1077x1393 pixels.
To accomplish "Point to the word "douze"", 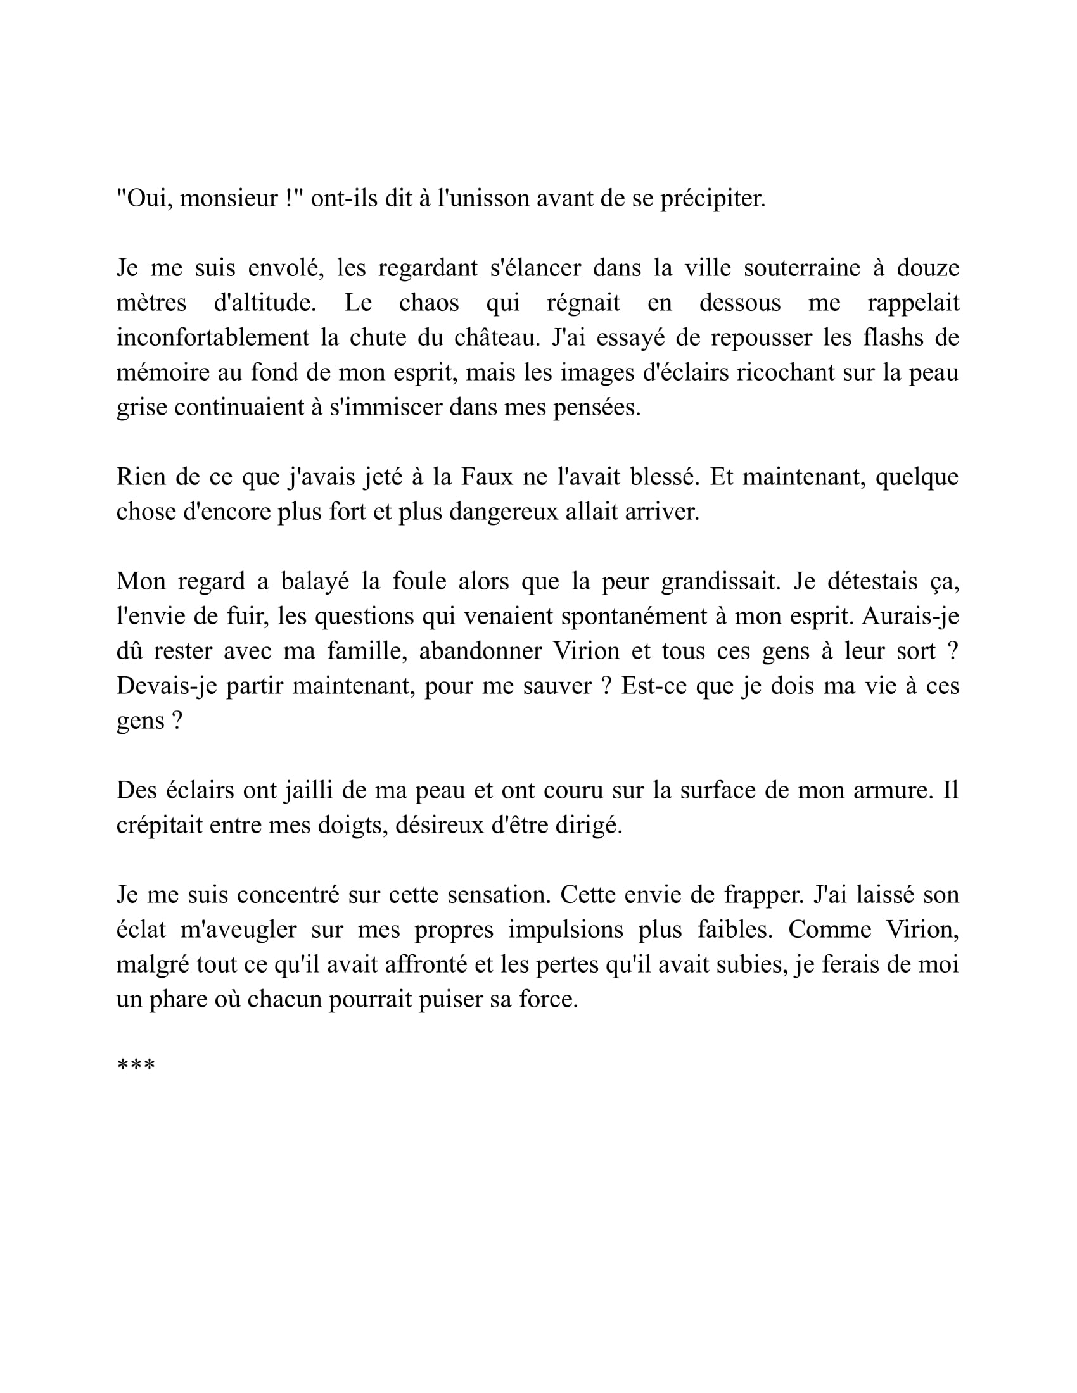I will (x=927, y=268).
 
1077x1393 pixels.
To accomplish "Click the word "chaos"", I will (x=429, y=302).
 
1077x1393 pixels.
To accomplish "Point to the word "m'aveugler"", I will (x=239, y=930).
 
